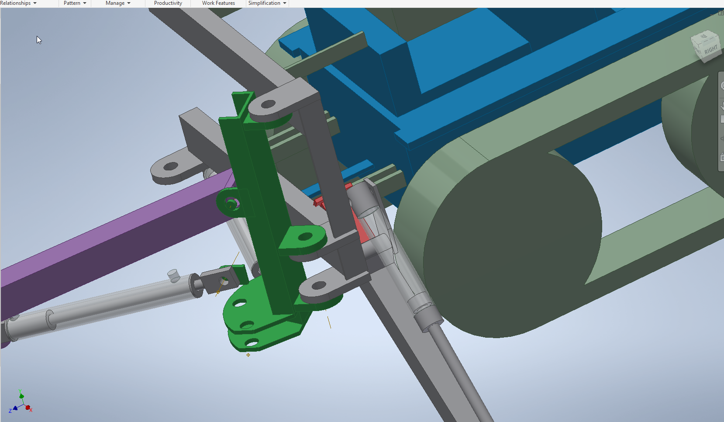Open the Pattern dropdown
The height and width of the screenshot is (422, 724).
75,3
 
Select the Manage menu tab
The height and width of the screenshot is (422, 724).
118,3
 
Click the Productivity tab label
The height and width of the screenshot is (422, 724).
168,3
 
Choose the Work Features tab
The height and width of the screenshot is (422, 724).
218,3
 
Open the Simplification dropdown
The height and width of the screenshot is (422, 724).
267,3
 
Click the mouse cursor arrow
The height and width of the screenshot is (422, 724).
39,40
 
